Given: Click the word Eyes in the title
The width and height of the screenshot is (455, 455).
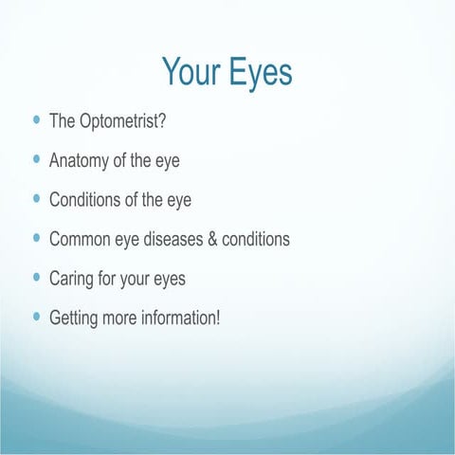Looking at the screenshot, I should click(261, 71).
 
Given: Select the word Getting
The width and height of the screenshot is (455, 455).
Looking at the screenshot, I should click(76, 317).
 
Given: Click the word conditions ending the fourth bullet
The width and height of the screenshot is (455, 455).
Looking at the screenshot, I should click(256, 239).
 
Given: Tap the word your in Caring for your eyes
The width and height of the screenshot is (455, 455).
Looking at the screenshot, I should click(142, 279).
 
